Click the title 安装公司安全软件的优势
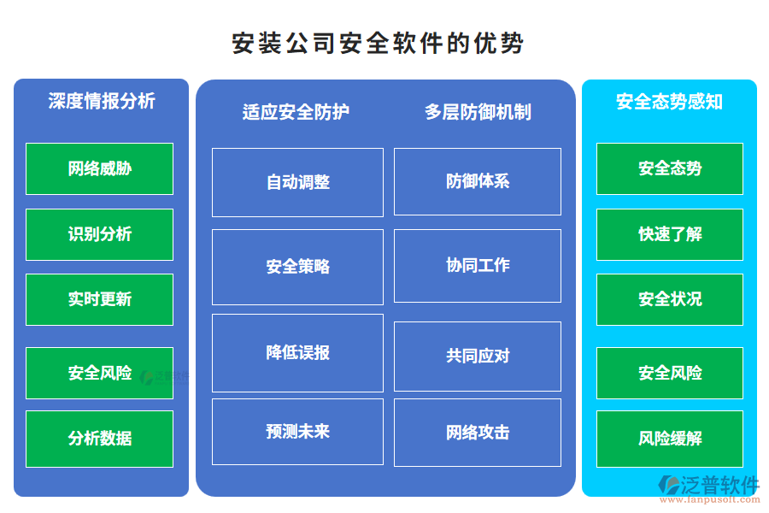(x=378, y=43)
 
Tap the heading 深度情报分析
(x=102, y=101)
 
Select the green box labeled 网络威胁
(x=99, y=168)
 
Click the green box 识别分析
(x=99, y=234)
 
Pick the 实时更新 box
(x=99, y=299)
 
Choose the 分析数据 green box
(x=99, y=439)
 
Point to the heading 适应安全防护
(x=296, y=112)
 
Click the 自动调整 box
(x=297, y=182)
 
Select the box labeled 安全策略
(x=297, y=267)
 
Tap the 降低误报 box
(x=297, y=352)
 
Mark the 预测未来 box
(x=297, y=432)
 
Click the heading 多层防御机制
(x=478, y=112)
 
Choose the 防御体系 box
(x=478, y=181)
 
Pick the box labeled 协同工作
(x=478, y=265)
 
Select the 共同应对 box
(x=478, y=356)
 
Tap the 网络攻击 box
(x=478, y=433)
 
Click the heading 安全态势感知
(x=669, y=102)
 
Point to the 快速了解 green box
(x=670, y=234)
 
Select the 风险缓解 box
(x=670, y=439)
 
